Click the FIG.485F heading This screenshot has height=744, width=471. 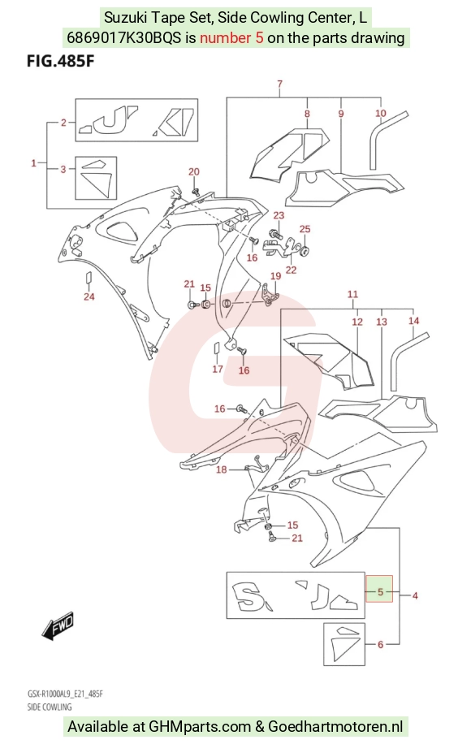point(61,63)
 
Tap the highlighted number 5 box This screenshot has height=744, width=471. point(379,589)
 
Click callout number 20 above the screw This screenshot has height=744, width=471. point(194,171)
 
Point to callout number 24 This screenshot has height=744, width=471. point(89,296)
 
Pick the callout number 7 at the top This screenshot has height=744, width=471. point(280,84)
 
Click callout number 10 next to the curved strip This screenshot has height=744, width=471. point(381,113)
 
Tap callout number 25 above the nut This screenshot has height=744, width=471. point(305,229)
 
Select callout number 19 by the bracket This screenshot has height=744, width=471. point(275,276)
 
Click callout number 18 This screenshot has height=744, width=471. point(222,469)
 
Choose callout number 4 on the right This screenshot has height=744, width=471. point(415,595)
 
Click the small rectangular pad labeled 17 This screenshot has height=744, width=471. point(216,348)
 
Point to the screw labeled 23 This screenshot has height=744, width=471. point(274,234)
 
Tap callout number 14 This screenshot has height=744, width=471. point(413,321)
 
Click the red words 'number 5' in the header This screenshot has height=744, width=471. point(231,37)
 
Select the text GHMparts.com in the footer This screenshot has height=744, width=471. point(200,726)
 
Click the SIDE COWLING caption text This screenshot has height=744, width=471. point(50,707)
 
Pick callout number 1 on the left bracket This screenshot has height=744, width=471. point(33,163)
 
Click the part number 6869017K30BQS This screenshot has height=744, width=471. point(123,37)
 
